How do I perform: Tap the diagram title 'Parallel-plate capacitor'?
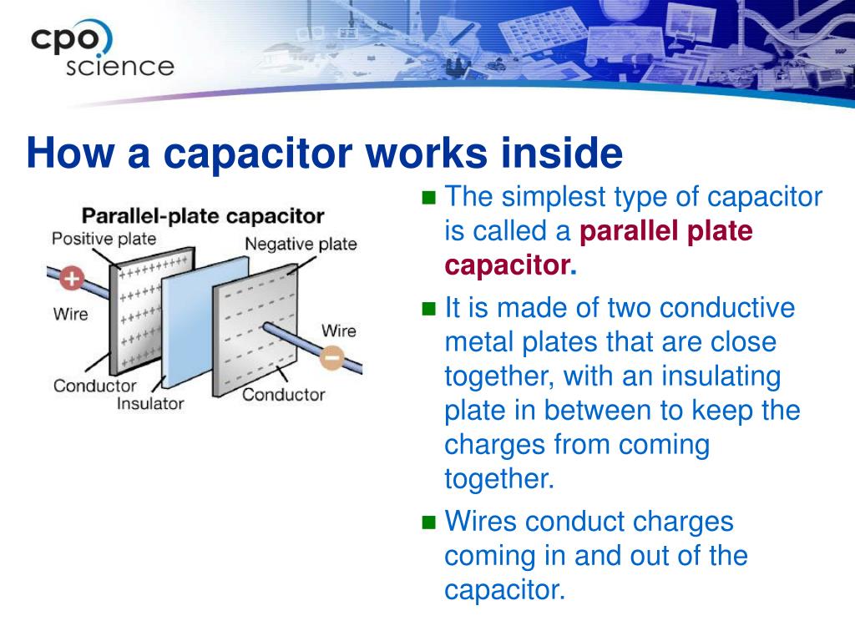(x=202, y=216)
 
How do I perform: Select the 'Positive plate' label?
(x=104, y=239)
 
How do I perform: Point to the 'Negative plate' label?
(x=301, y=244)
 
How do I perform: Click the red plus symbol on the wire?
(x=72, y=278)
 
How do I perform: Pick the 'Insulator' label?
(x=150, y=404)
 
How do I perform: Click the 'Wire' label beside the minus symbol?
(x=338, y=331)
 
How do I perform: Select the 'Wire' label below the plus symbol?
(x=70, y=315)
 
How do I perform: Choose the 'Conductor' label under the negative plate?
(x=283, y=394)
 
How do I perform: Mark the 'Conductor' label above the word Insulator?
(x=94, y=386)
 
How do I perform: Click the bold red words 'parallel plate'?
(x=665, y=231)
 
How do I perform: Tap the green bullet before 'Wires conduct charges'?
(x=429, y=523)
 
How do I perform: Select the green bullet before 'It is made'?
(x=429, y=310)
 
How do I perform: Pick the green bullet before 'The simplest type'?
(x=429, y=199)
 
